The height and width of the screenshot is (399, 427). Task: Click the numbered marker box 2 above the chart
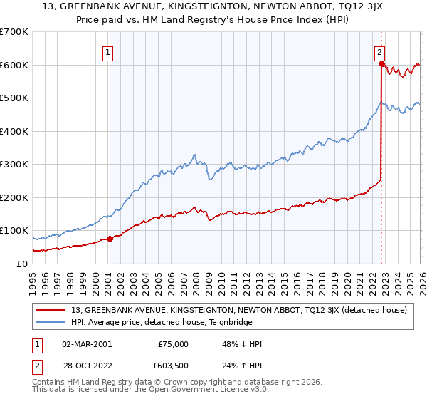point(380,51)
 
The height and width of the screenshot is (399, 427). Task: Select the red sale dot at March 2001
point(110,239)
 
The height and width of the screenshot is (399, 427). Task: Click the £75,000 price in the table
point(174,344)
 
